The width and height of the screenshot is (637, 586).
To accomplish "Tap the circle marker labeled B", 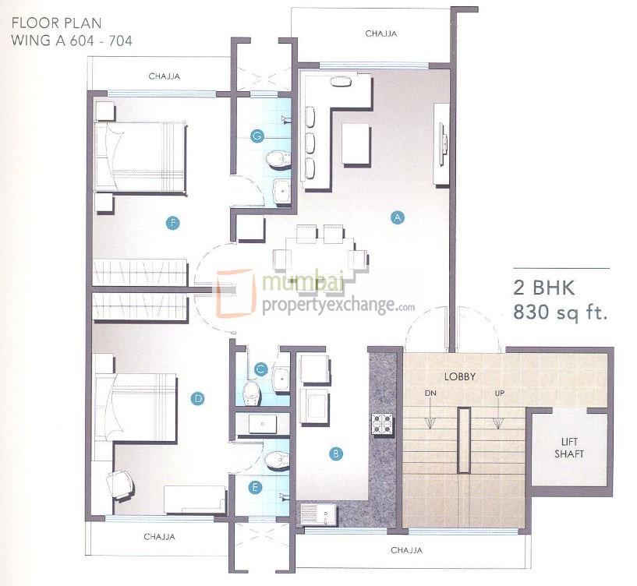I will point(335,452).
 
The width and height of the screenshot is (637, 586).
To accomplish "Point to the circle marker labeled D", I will point(198,399).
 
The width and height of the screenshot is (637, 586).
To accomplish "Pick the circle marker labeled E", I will point(254,488).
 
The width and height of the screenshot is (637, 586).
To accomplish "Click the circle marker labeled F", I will point(173,224).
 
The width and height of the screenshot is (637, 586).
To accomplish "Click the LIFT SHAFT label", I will point(569,447).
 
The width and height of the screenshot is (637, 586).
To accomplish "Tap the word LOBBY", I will point(460,376).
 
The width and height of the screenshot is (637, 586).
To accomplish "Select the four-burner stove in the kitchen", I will point(383,423).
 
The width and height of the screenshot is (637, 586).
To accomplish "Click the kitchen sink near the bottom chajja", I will point(317,515).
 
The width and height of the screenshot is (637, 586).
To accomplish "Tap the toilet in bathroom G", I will point(274,161).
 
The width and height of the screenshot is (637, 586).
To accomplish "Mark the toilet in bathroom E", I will point(274,461).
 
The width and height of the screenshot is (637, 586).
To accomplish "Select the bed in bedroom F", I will point(140,157).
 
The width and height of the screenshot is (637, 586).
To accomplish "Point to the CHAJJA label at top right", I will point(380,34).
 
